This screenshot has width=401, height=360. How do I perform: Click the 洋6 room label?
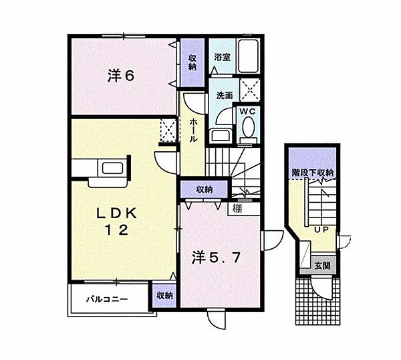tap(121, 76)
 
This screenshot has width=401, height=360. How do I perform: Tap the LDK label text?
tap(116, 213)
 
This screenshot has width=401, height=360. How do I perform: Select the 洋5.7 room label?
tap(216, 258)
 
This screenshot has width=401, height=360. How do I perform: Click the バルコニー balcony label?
tap(107, 299)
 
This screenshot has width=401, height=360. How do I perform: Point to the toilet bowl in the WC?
tap(249, 127)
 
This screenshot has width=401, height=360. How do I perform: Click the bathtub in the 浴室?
tap(248, 57)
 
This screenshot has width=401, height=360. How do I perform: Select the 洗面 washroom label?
tap(225, 96)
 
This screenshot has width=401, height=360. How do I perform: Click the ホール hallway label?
tap(192, 130)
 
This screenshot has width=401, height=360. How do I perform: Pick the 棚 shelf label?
tap(237, 209)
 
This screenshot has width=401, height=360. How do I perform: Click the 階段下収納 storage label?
tap(313, 173)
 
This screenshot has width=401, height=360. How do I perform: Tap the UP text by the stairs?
tap(321, 230)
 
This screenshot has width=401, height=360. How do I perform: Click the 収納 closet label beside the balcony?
tap(164, 296)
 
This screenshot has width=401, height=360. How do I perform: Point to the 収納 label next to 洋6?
tap(192, 62)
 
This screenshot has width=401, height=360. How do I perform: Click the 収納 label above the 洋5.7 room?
tap(205, 190)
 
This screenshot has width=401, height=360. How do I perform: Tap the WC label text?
tap(247, 111)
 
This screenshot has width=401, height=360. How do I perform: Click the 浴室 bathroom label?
tap(222, 57)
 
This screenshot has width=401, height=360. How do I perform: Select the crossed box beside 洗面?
tap(250, 90)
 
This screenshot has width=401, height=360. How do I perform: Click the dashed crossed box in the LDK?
tap(168, 130)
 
